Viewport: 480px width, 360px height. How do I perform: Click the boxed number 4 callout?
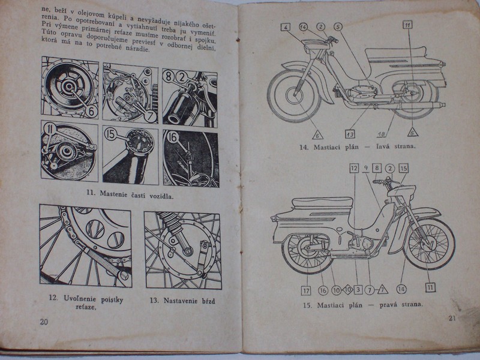pyautogui.click(x=286, y=27)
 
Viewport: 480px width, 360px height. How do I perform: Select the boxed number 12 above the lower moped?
pyautogui.click(x=354, y=169)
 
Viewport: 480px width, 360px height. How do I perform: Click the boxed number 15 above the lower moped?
pyautogui.click(x=403, y=169)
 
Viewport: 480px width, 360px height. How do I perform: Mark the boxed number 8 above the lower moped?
pyautogui.click(x=377, y=169)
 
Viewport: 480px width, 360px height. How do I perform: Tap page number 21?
pyautogui.click(x=453, y=318)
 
